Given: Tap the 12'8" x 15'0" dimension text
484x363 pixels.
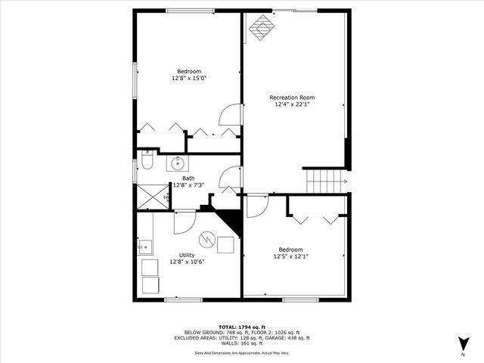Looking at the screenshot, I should (x=189, y=78).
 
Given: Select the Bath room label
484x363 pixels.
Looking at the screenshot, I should (x=188, y=178).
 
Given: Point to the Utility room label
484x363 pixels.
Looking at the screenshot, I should (x=187, y=255).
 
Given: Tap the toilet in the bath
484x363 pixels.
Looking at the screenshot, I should (x=147, y=162).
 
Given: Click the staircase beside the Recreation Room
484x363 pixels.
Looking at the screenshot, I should (x=319, y=181).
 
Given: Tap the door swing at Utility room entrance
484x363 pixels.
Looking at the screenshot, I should (x=184, y=222).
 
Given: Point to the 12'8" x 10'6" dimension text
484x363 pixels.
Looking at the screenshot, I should (x=188, y=262).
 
